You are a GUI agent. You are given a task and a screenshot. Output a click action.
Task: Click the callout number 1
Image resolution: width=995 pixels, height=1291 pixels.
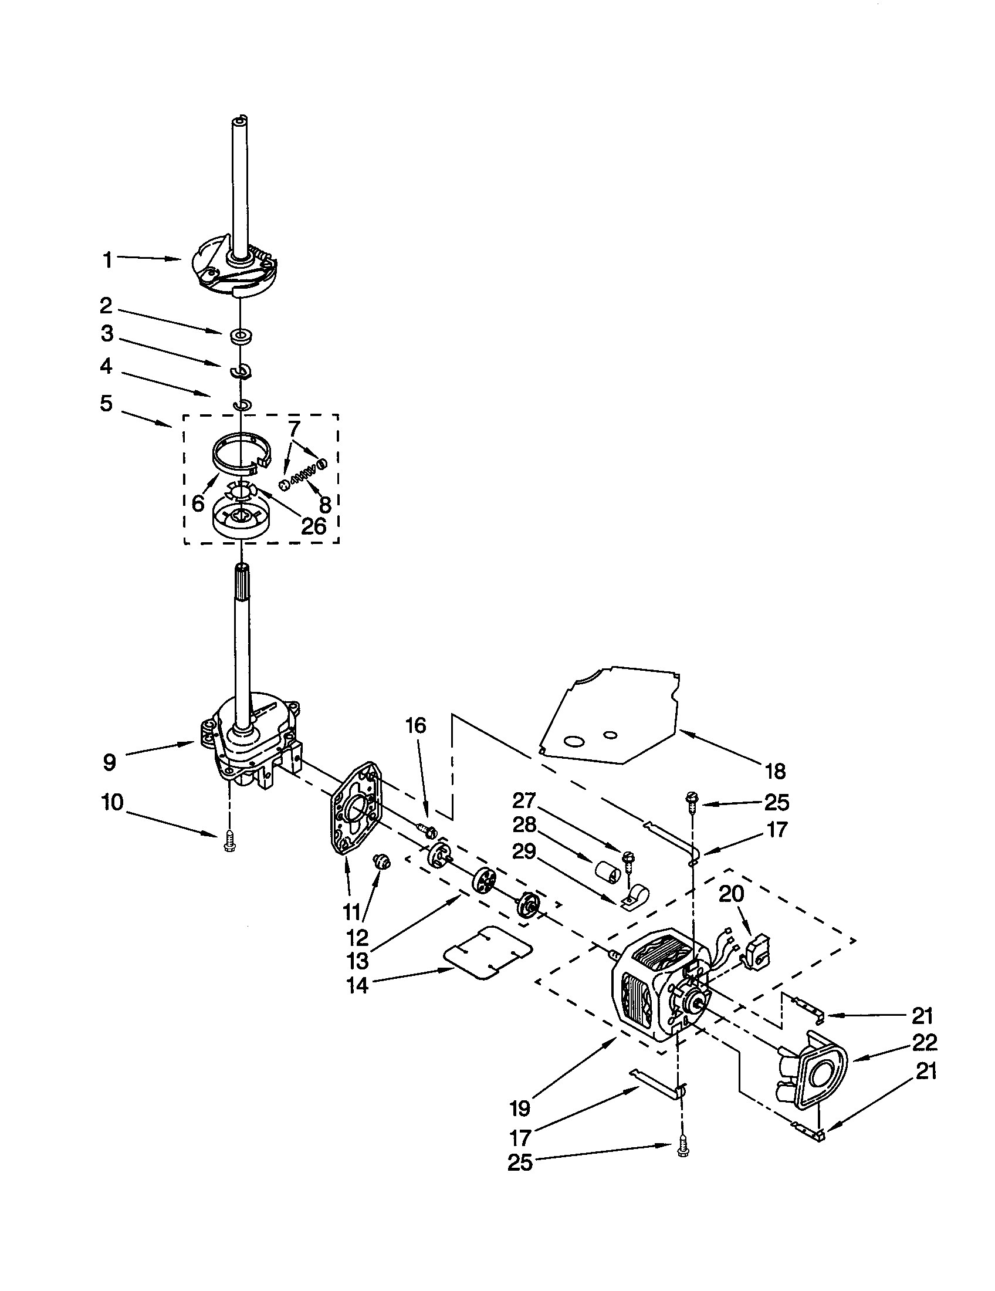click(107, 260)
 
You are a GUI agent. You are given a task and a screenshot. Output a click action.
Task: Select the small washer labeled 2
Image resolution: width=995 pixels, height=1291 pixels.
click(240, 337)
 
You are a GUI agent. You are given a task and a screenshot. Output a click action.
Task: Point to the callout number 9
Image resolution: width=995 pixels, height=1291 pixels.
click(110, 762)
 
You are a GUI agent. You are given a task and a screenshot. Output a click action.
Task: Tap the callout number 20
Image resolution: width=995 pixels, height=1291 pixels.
click(731, 894)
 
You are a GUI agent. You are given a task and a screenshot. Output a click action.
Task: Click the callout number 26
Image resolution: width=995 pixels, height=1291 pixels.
click(313, 526)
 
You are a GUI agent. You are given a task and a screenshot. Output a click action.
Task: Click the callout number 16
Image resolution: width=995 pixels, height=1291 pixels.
click(416, 725)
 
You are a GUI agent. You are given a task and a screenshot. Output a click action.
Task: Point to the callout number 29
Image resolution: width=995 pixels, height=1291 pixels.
click(524, 851)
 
